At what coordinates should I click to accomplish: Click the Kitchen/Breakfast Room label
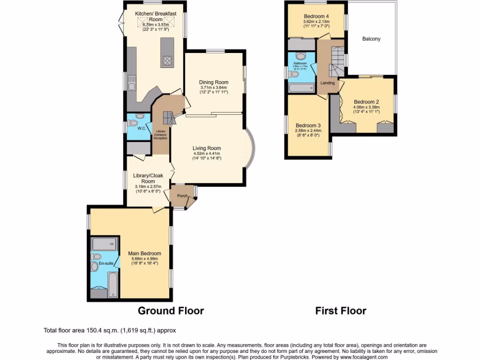tap(156, 17)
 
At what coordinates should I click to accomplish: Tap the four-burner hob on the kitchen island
tap(167, 60)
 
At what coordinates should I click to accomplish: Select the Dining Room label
tap(214, 82)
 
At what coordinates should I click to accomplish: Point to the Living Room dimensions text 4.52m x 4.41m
tap(207, 153)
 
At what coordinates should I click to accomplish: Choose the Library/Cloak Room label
tap(148, 179)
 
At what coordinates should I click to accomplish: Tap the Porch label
tap(182, 196)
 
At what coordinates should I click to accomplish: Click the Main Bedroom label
tap(145, 254)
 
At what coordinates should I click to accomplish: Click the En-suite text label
tap(106, 263)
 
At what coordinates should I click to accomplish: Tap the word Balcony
tap(371, 39)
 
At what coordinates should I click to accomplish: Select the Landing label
tap(328, 83)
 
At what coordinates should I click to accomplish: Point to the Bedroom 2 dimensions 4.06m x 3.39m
tap(367, 107)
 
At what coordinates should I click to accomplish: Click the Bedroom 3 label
tap(308, 125)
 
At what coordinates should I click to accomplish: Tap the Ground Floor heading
tap(171, 310)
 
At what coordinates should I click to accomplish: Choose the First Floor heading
tap(341, 310)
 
